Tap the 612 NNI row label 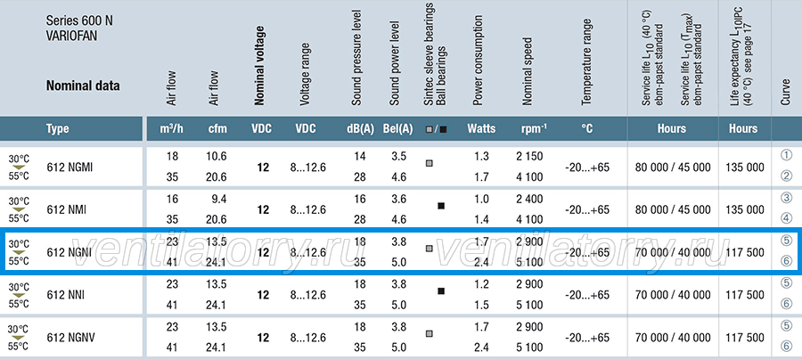coord(65,295)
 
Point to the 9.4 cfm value coord(218,199)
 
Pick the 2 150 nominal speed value coord(530,156)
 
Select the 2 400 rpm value coord(530,199)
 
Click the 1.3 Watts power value coord(481,156)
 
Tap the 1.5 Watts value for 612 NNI coord(481,306)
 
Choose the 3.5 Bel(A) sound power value coord(398,156)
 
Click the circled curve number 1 coord(787,155)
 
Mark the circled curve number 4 coord(787,219)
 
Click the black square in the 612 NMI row coord(441,206)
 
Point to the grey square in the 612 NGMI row coord(430,163)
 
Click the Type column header coord(57,128)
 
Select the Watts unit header coord(481,128)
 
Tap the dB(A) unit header coord(360,129)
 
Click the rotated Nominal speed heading coord(528,71)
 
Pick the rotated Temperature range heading coord(586,62)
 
